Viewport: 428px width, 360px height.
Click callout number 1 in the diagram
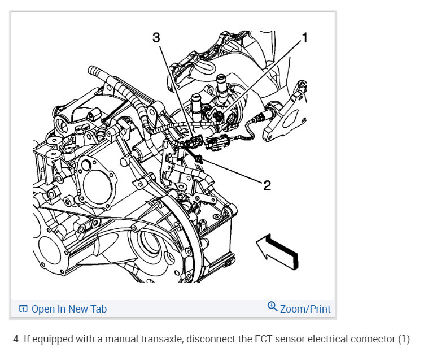pos(305,38)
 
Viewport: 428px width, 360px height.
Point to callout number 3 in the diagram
pos(156,38)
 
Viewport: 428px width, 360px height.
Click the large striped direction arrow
pos(277,250)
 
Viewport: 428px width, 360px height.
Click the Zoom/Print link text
pos(305,309)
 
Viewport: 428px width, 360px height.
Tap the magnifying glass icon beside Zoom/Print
pos(272,307)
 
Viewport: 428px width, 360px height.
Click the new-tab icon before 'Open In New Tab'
pos(23,309)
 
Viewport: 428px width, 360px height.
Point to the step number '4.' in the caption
pos(17,340)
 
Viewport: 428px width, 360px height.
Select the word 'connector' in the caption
pos(376,340)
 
